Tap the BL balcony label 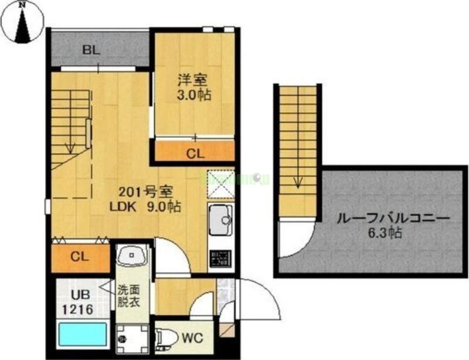[x=91, y=50]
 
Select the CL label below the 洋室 [x=195, y=154]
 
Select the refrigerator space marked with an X [x=221, y=186]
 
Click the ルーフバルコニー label [x=393, y=218]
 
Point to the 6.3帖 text [x=386, y=233]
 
